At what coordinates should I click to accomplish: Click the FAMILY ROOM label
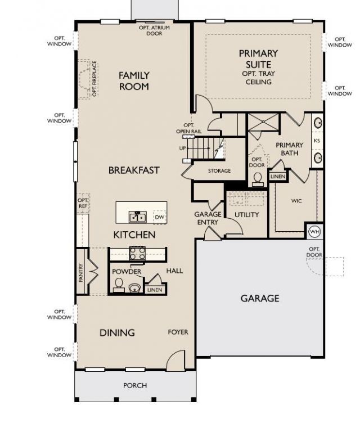point(134,81)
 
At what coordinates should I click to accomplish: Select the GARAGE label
point(260,298)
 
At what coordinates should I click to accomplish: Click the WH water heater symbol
point(314,231)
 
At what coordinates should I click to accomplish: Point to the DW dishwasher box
point(160,217)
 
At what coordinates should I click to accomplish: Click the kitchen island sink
point(137,217)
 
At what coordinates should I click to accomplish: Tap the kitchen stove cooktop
point(138,253)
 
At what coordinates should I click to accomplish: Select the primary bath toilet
point(258,179)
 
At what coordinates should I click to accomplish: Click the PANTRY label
point(81,272)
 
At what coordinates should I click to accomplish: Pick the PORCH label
point(135,385)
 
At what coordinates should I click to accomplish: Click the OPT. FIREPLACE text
point(94,79)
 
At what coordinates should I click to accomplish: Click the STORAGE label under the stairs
point(219,171)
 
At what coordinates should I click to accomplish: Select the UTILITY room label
point(246,215)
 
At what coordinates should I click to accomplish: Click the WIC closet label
point(296,201)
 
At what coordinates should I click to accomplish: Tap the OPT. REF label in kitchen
point(83,203)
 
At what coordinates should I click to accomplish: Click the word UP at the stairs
point(182,148)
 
